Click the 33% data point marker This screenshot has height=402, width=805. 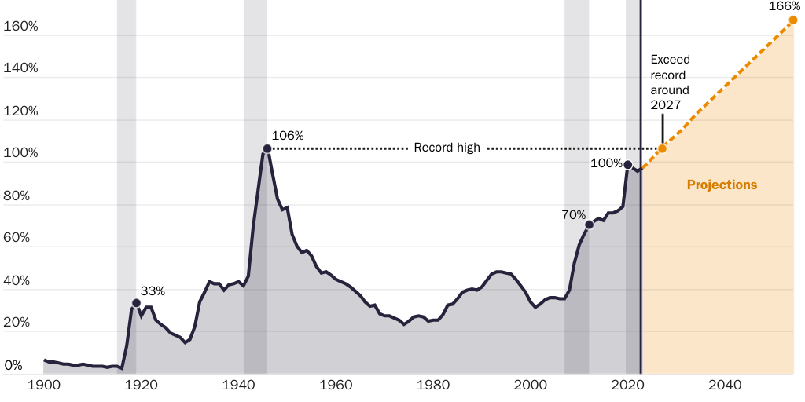pos(136,303)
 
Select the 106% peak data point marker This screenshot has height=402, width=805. pos(267,148)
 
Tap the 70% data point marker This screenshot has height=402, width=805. pos(590,225)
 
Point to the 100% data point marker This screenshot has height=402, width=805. pos(627,165)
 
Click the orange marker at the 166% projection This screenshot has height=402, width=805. pos(793,20)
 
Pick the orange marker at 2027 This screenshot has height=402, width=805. pos(662,148)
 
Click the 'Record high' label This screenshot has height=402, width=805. pos(447,148)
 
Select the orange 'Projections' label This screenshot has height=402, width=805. pos(722,185)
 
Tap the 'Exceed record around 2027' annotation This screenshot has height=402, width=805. pos(670,82)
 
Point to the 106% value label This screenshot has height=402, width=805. pos(287,136)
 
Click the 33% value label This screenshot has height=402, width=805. pos(153,291)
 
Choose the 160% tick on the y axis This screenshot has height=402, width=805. pos(20,26)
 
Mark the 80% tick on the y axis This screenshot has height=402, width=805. pos(17,196)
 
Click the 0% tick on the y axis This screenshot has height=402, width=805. pos(13,365)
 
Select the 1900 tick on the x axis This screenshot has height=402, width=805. pos(44,386)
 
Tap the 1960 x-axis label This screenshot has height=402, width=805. pos(336,386)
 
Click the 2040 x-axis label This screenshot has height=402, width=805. pos(724,386)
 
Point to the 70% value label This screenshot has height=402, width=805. pos(574,214)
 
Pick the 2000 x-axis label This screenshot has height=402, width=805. pos(530,386)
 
